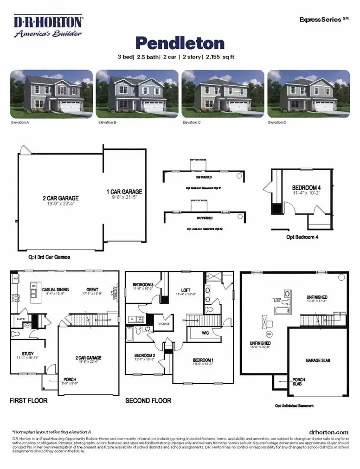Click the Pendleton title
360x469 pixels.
click(x=180, y=43)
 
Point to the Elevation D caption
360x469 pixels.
click(x=277, y=122)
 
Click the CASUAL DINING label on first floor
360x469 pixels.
click(x=56, y=289)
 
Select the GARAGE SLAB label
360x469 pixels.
click(x=318, y=360)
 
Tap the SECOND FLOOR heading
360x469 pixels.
click(x=148, y=400)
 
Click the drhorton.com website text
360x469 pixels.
click(x=328, y=432)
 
